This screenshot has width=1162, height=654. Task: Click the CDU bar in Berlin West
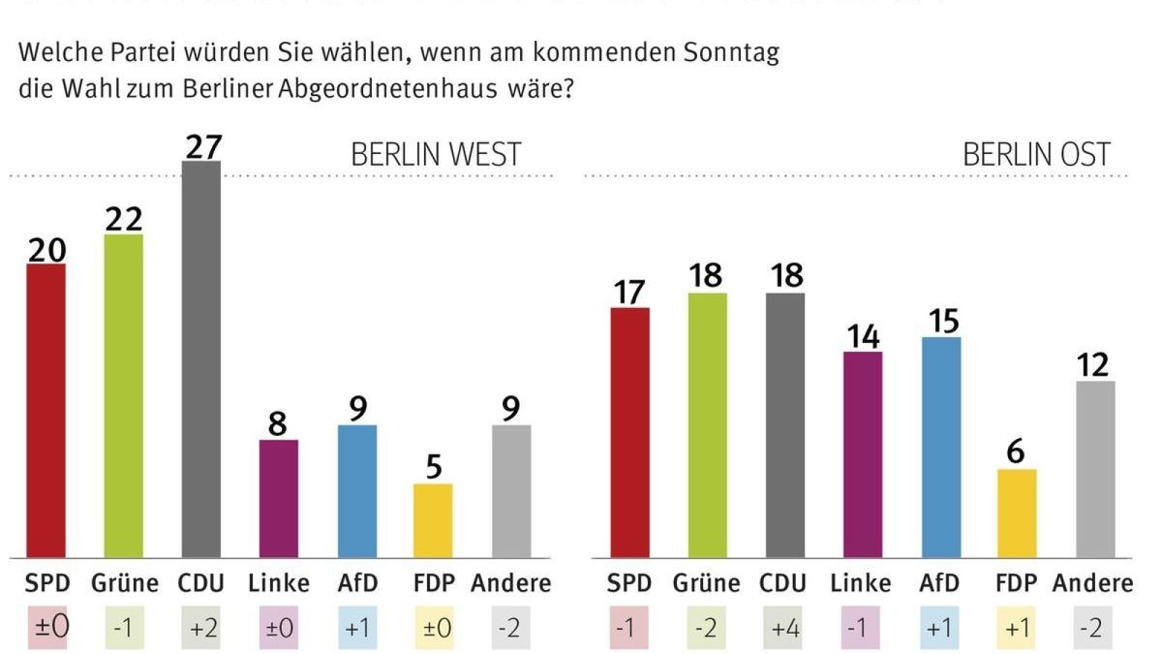pyautogui.click(x=201, y=358)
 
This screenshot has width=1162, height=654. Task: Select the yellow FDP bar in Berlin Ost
pyautogui.click(x=1018, y=514)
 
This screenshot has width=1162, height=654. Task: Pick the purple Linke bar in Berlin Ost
pyautogui.click(x=862, y=454)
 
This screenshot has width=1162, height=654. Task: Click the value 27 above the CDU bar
pyautogui.click(x=201, y=144)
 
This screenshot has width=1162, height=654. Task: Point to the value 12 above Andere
pyautogui.click(x=1095, y=364)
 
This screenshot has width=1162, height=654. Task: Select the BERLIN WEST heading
pyautogui.click(x=436, y=155)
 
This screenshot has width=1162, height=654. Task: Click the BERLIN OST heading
pyautogui.click(x=1036, y=155)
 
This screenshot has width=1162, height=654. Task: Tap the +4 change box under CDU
pyautogui.click(x=785, y=629)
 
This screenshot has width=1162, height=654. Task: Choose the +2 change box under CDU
pyautogui.click(x=201, y=629)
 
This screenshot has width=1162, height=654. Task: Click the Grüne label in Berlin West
pyautogui.click(x=124, y=583)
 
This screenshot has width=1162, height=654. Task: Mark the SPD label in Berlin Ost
pyautogui.click(x=629, y=583)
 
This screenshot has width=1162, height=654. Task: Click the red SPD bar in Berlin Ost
pyautogui.click(x=629, y=432)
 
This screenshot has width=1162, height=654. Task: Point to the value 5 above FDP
pyautogui.click(x=434, y=467)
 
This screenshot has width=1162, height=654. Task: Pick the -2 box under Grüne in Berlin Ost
pyautogui.click(x=708, y=629)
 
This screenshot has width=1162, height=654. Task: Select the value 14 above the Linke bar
pyautogui.click(x=862, y=335)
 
